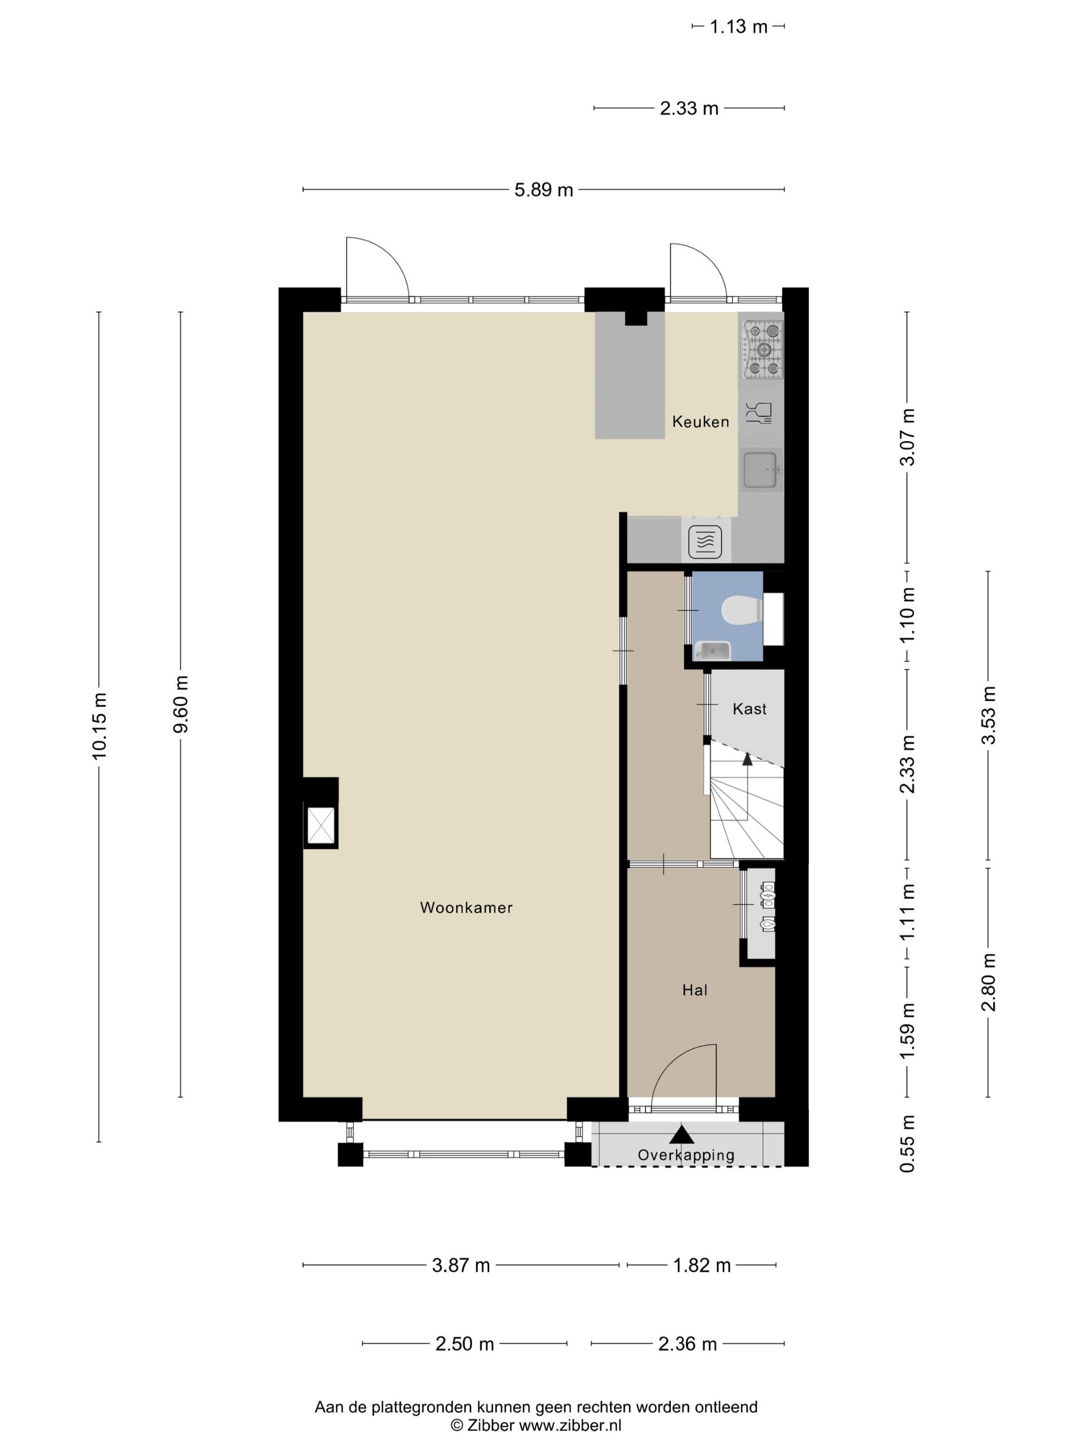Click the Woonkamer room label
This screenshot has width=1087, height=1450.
tap(466, 907)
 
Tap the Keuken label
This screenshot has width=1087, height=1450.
tap(700, 422)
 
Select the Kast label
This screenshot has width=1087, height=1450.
tap(749, 708)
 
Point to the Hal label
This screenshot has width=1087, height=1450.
tap(695, 990)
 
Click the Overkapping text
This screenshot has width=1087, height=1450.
tap(686, 1155)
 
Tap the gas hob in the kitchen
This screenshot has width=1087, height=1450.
tap(762, 350)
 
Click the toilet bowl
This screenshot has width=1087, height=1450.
tap(741, 610)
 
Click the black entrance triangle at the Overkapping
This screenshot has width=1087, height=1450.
tap(681, 1135)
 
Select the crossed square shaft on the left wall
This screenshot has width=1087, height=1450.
tap(321, 824)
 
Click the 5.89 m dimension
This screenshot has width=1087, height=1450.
tap(543, 190)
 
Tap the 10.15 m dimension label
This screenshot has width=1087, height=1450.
tap(99, 727)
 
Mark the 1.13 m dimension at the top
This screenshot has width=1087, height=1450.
tap(739, 27)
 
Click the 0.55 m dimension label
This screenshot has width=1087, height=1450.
tap(907, 1143)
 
